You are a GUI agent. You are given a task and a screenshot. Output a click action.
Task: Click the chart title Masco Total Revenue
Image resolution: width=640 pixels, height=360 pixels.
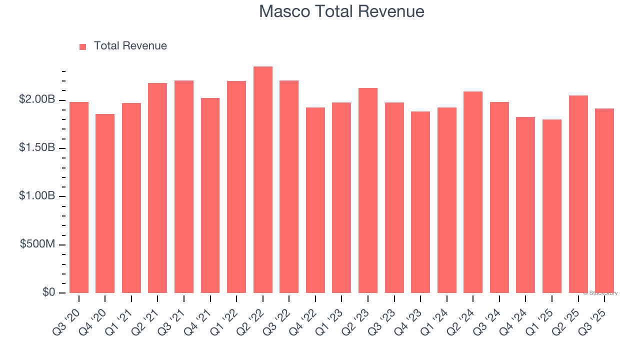pos(341,11)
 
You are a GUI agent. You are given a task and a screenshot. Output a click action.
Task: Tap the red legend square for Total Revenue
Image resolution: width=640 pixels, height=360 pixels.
pos(83,46)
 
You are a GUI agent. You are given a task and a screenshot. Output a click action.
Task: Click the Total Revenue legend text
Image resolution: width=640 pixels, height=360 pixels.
pos(130,46)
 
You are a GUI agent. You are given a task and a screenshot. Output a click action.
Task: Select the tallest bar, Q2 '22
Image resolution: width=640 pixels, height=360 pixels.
pos(263,180)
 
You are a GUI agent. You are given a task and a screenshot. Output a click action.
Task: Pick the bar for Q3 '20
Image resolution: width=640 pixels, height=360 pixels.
pos(79,197)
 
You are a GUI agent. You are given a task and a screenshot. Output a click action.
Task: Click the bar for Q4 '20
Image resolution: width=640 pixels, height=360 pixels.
pos(105,203)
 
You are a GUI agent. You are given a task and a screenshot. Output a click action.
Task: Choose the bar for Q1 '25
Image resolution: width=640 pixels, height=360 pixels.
pos(552,206)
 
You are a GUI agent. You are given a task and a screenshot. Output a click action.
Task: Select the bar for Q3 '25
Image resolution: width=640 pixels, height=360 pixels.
pos(604,200)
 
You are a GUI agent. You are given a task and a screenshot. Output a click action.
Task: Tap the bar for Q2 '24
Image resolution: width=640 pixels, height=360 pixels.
pos(473,192)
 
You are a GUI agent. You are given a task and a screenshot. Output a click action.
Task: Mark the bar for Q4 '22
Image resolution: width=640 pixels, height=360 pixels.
pos(315,200)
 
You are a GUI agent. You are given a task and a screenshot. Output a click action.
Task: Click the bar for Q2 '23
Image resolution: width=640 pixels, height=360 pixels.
pos(368,190)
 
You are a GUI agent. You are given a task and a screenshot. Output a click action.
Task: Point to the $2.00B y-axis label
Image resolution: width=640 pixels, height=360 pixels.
pos(37,100)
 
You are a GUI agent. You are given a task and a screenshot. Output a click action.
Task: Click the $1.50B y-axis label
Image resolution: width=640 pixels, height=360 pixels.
pos(37,148)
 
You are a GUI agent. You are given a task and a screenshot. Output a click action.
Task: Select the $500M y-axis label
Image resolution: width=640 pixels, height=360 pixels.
pos(38,244)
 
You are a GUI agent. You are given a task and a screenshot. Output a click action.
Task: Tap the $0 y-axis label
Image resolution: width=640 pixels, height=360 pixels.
pos(48,292)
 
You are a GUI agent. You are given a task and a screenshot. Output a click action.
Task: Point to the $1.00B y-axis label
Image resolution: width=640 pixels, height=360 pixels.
pos(37,196)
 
